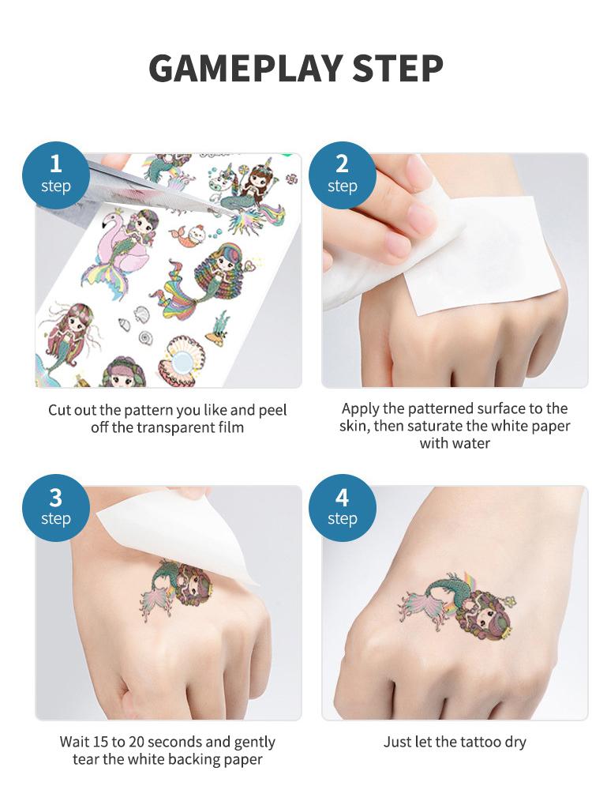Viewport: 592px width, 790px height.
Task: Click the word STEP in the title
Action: click(397, 69)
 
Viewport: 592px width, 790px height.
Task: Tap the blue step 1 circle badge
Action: click(55, 172)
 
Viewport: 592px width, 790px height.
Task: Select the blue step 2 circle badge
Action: click(342, 172)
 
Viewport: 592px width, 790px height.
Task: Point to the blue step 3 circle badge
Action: click(55, 506)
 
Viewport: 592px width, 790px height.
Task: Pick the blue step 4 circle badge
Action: click(342, 506)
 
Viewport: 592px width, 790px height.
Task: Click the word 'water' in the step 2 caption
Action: click(471, 443)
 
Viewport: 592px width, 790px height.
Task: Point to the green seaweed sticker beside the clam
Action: click(219, 328)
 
